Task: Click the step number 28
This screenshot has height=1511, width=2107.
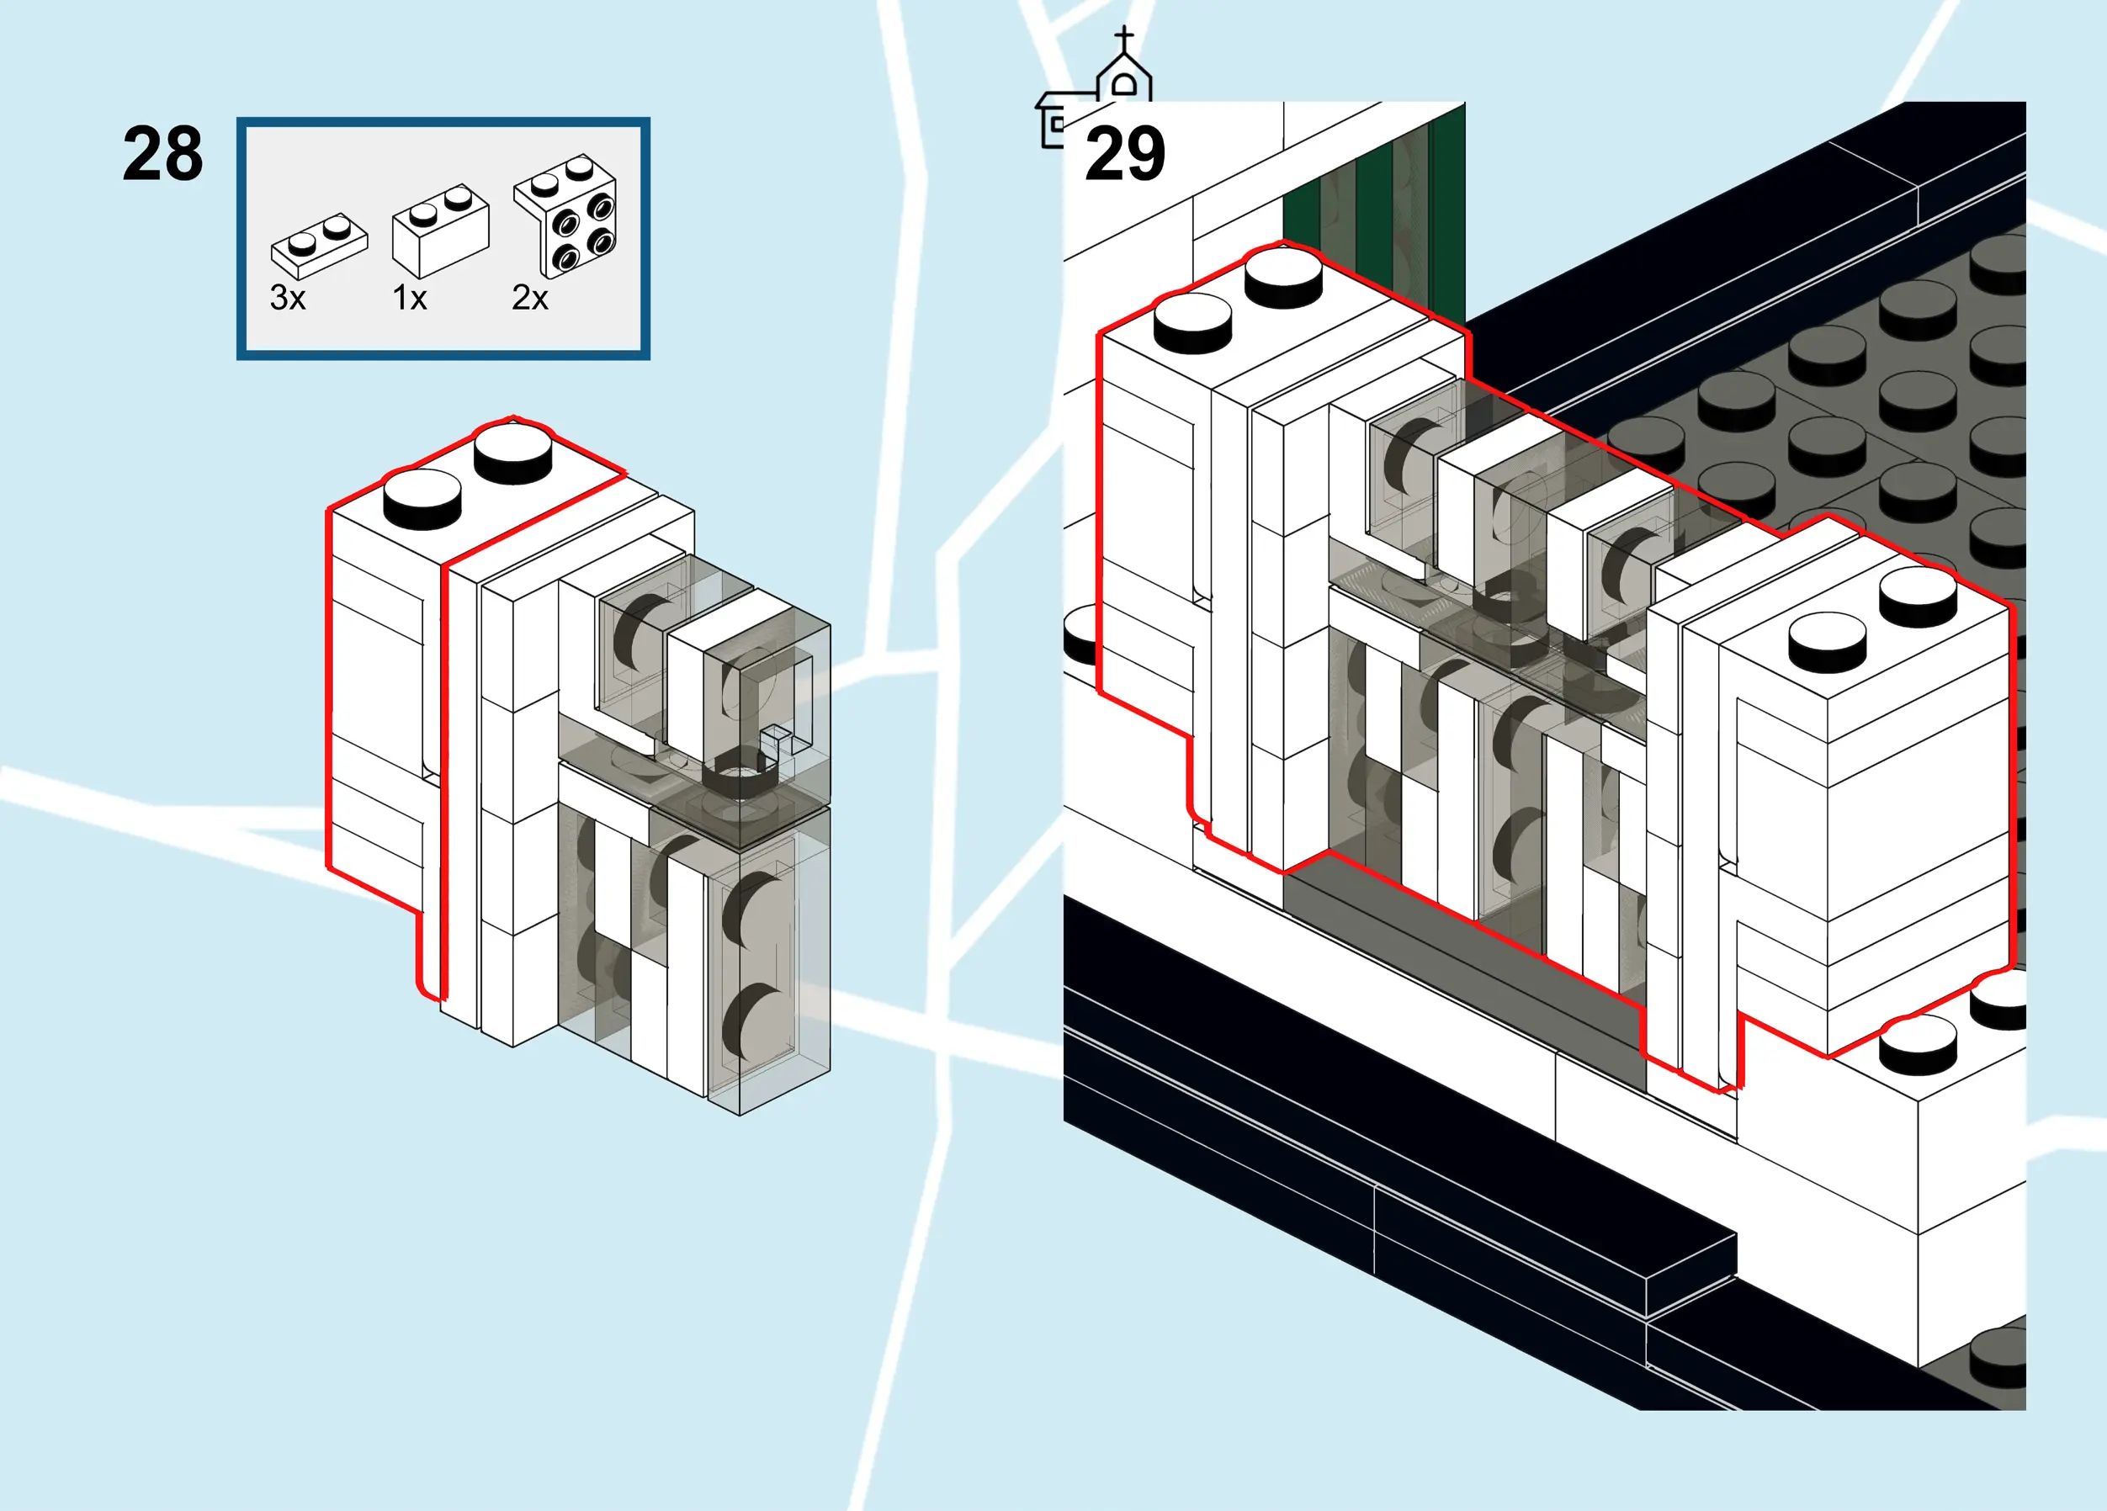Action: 162,154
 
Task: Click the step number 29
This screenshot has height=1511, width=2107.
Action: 1124,154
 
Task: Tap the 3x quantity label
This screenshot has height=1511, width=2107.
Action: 287,298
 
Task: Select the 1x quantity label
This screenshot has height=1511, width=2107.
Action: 410,298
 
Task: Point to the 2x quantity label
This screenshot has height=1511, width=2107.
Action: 529,298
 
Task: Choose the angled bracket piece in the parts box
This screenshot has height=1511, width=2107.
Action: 566,215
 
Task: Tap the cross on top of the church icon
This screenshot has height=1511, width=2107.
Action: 1124,38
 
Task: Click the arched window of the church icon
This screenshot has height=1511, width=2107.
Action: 1124,87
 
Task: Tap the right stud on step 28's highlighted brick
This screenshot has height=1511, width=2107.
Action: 512,449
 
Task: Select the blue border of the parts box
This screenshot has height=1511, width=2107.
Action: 443,121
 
